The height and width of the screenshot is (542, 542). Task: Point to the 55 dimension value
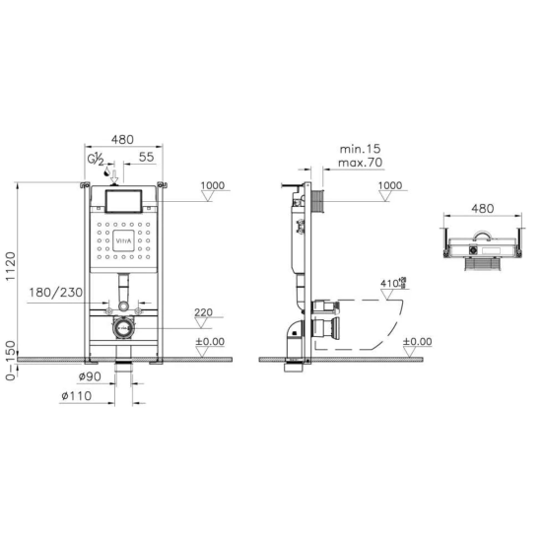(146, 157)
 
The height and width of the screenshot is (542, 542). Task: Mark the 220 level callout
(203, 312)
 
